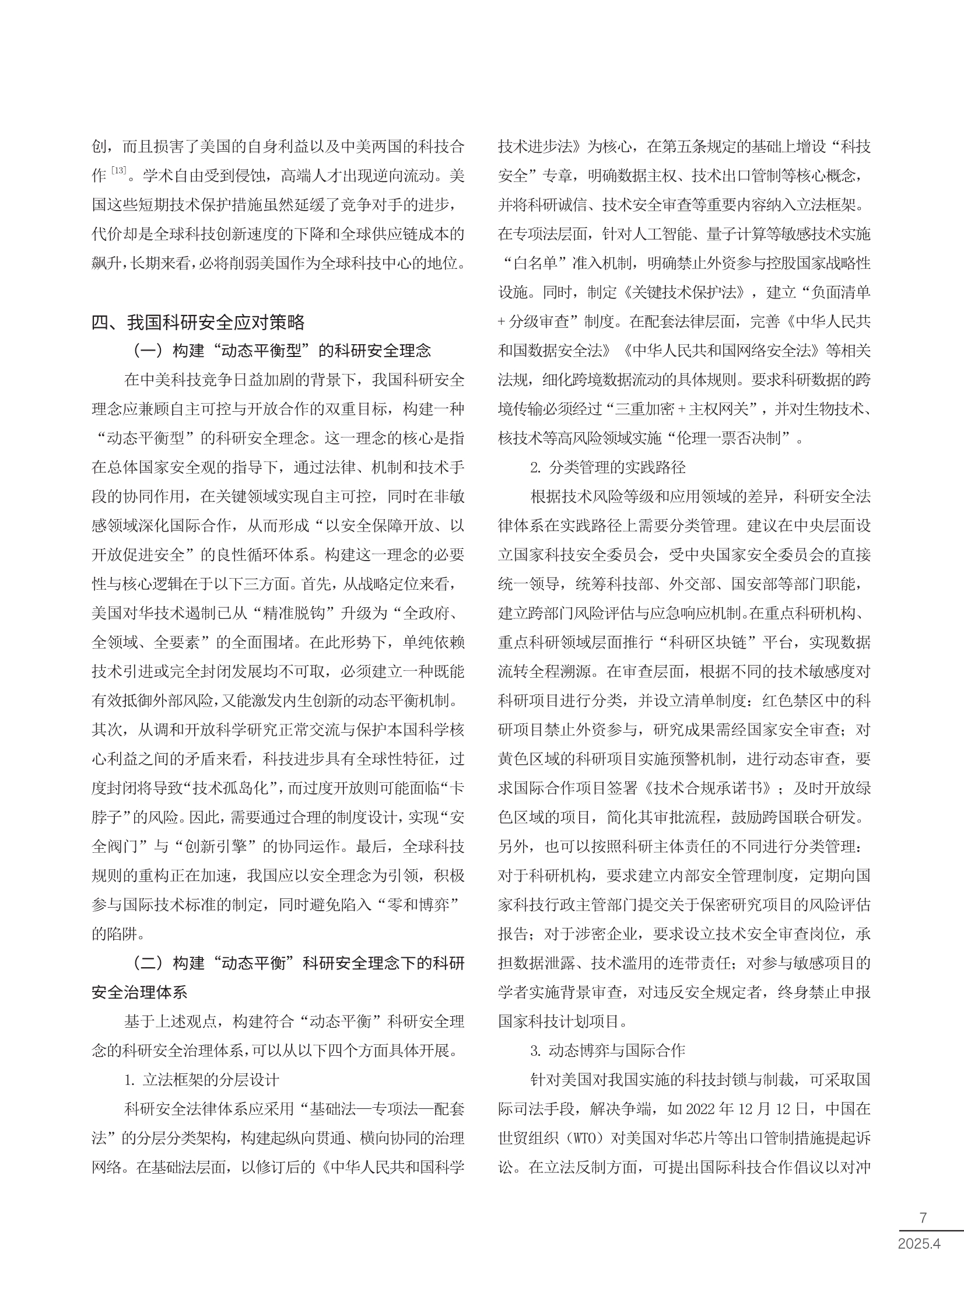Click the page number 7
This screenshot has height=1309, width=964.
(923, 1217)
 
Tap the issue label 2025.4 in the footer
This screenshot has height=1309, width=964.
(919, 1243)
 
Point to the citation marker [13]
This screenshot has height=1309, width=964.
(118, 171)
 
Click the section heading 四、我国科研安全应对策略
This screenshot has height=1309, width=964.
(198, 322)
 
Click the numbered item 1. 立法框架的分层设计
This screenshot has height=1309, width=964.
(201, 1080)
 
